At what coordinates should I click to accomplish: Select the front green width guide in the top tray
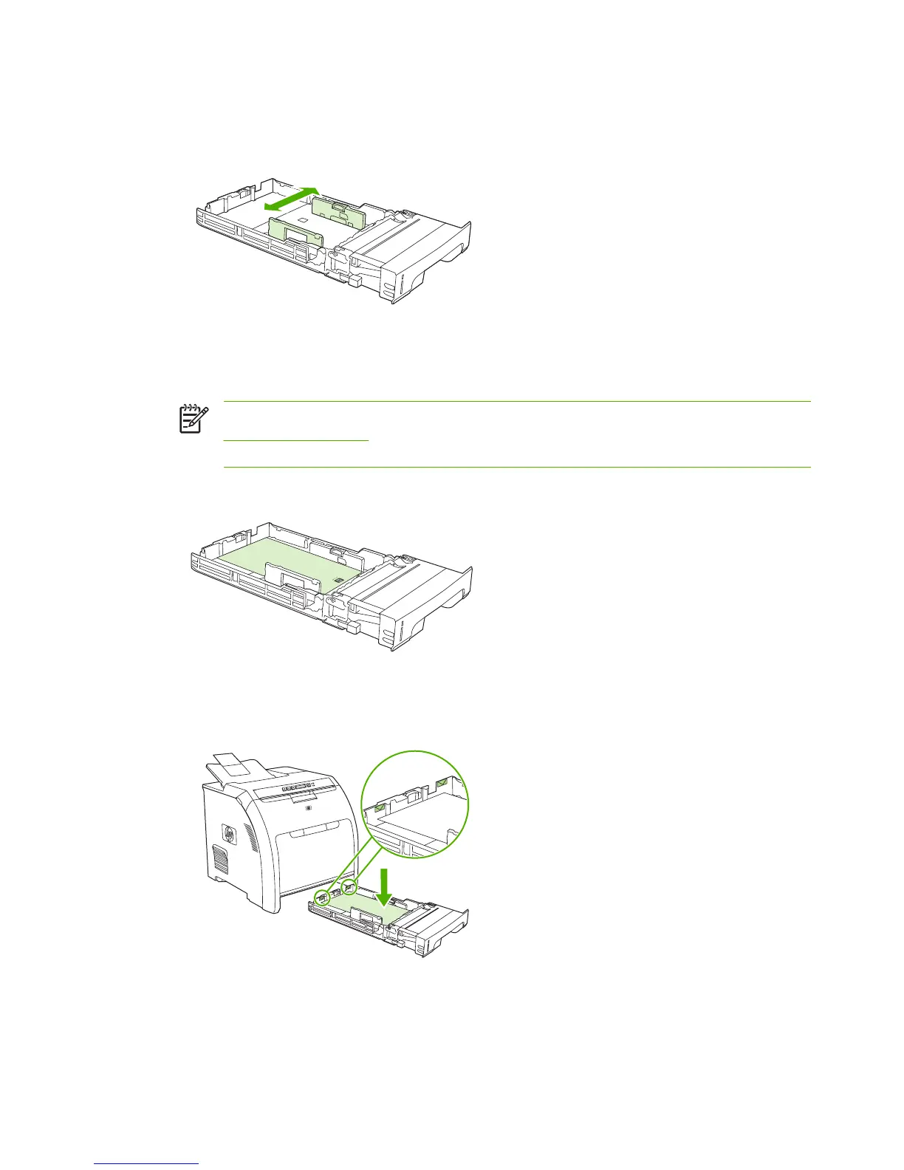pyautogui.click(x=296, y=231)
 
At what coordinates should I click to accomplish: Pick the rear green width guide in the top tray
pyautogui.click(x=339, y=213)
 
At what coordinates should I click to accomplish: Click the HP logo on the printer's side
pyautogui.click(x=228, y=835)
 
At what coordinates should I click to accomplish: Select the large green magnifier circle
pyautogui.click(x=415, y=804)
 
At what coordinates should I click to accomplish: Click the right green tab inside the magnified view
pyautogui.click(x=441, y=781)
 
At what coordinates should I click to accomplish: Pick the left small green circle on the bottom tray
pyautogui.click(x=322, y=897)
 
